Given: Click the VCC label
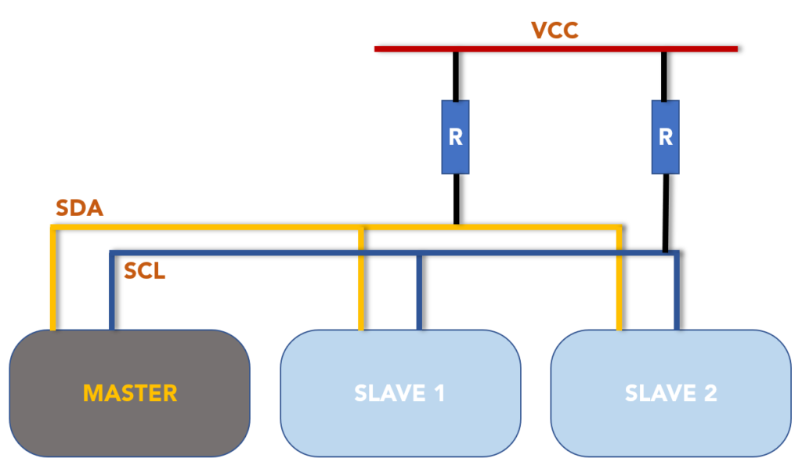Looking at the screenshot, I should point(555,31).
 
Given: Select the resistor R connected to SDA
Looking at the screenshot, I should point(455,137).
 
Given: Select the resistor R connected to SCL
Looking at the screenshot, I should point(665,137).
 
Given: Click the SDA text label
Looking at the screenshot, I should point(80,208).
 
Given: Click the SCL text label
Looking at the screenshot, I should point(145,271).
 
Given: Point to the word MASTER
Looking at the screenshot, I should point(130,392).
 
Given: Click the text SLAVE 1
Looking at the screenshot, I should point(399,392).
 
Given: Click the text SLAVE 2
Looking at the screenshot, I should point(670,392).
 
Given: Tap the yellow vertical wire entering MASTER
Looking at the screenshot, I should point(53,282).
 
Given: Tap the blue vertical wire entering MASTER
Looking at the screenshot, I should point(111,294).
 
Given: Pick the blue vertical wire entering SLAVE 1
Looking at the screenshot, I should point(420,294).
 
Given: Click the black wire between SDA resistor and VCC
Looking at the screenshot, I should point(455,75).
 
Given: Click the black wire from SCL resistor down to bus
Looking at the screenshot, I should point(666,211).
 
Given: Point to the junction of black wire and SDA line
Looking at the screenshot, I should point(455,226).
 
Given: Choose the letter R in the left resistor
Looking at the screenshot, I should point(455,137).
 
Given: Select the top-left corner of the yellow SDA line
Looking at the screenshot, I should point(53,228).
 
